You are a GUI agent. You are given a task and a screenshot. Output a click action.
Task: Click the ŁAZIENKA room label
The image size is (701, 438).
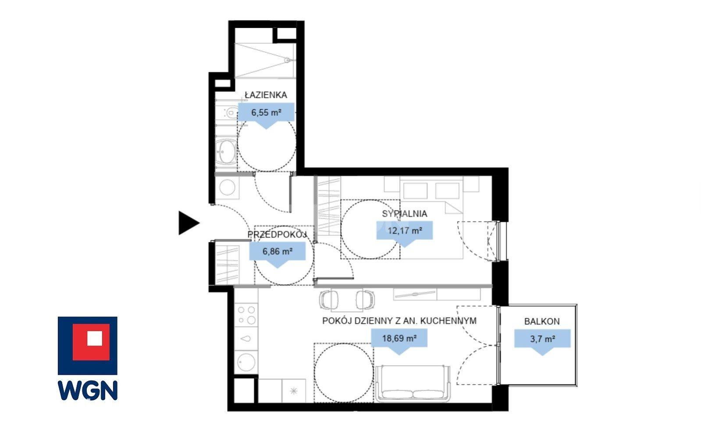(x=266, y=95)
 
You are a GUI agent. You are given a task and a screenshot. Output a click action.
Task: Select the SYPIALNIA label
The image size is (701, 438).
(x=404, y=214)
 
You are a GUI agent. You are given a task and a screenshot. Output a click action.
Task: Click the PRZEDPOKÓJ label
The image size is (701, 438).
(x=277, y=235)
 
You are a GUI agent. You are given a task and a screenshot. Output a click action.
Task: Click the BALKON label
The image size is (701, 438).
(x=542, y=321)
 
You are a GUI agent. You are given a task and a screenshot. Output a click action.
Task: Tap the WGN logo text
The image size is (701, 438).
(x=88, y=390)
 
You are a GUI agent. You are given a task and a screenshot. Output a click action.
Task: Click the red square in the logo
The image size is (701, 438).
(x=91, y=342)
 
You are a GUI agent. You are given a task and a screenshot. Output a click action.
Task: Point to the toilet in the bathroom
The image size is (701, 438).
(x=229, y=112)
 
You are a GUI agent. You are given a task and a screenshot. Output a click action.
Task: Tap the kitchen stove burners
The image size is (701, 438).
(x=246, y=315)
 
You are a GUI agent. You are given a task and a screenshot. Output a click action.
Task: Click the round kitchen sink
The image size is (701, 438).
(x=246, y=362)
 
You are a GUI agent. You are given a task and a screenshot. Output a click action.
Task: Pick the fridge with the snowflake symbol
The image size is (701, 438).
(x=294, y=391)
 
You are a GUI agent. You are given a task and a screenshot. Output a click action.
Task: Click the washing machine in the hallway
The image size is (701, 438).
(x=227, y=187)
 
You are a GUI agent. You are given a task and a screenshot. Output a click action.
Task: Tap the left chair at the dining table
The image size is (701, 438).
(x=329, y=299)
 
